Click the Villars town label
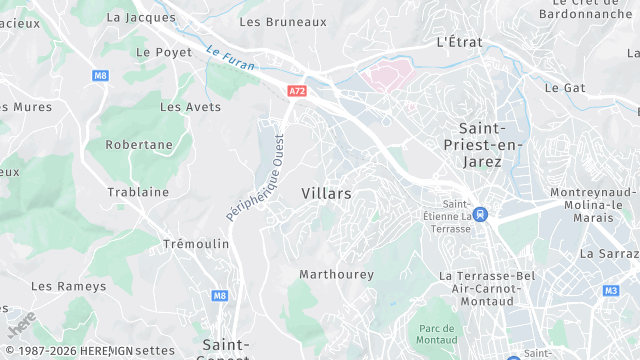click(x=326, y=193)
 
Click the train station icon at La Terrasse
click(x=481, y=214)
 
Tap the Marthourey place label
click(x=336, y=274)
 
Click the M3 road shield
click(x=611, y=291)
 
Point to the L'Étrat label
click(x=460, y=42)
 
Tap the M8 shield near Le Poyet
click(x=100, y=75)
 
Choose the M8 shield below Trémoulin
click(x=220, y=296)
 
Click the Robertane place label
click(x=139, y=144)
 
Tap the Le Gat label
click(x=565, y=88)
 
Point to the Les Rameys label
click(x=68, y=286)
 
